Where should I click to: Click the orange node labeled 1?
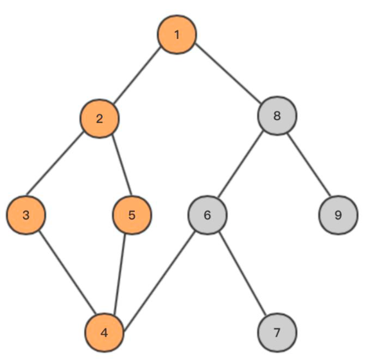point(177,35)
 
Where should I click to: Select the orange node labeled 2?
point(100,119)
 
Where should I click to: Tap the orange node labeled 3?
point(26,215)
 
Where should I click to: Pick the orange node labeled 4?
point(105,332)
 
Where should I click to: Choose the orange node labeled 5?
point(132,215)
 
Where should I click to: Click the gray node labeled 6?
point(207,215)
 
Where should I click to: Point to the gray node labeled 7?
point(277,332)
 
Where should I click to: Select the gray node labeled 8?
point(277,116)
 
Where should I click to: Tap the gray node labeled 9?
point(338,215)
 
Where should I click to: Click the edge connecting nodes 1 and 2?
point(136,76)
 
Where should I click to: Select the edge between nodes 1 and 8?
point(228,73)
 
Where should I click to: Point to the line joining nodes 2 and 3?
point(55,164)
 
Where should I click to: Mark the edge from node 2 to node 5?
point(121,165)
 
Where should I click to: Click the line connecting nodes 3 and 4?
point(67,272)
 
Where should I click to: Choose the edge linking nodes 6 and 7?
point(242,273)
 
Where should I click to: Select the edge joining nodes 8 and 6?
point(241,164)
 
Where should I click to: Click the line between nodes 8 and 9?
point(309,165)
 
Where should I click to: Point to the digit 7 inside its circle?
point(277,332)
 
